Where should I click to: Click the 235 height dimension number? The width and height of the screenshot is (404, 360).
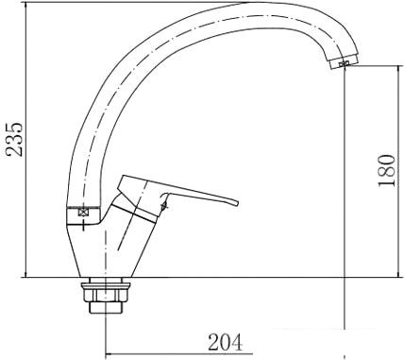[x=15, y=139]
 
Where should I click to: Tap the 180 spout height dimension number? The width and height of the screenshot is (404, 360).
[x=386, y=170]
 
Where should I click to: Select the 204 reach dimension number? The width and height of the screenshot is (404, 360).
[x=226, y=342]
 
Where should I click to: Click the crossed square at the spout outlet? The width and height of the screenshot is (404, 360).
[x=344, y=64]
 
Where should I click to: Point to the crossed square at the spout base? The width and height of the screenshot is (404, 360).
[x=83, y=213]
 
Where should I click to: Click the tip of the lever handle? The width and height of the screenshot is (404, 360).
[x=238, y=203]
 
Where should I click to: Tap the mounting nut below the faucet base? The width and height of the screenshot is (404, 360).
[x=105, y=295]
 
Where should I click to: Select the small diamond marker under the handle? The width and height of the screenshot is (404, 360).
[x=163, y=206]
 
